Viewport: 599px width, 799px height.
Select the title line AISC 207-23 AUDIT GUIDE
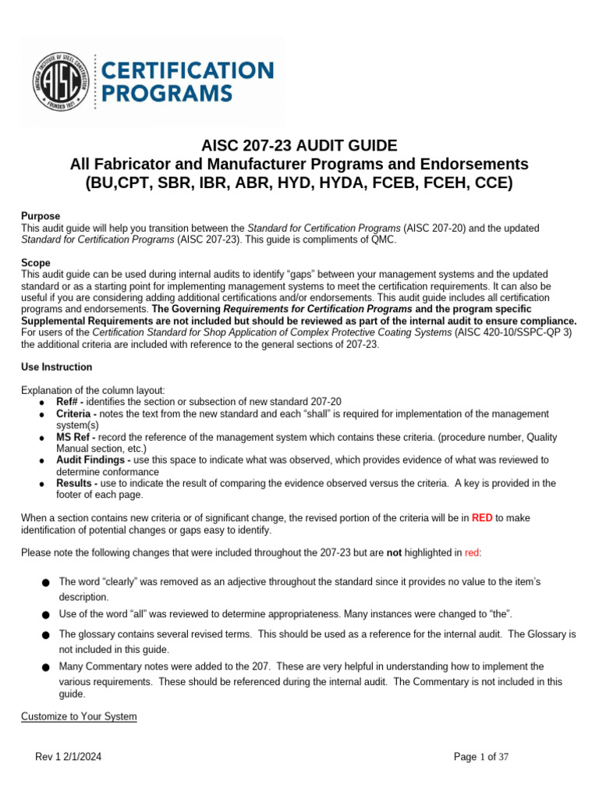(x=299, y=146)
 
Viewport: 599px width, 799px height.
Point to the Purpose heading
(x=41, y=216)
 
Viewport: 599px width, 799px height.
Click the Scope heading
(x=35, y=264)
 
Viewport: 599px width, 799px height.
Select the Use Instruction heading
(x=56, y=367)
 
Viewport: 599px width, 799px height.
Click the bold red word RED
(x=482, y=517)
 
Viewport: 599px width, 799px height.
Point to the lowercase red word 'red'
(x=472, y=552)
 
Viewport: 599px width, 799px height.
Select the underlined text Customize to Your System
(x=79, y=716)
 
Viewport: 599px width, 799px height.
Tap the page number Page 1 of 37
(x=481, y=757)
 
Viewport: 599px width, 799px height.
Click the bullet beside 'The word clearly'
(x=48, y=582)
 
